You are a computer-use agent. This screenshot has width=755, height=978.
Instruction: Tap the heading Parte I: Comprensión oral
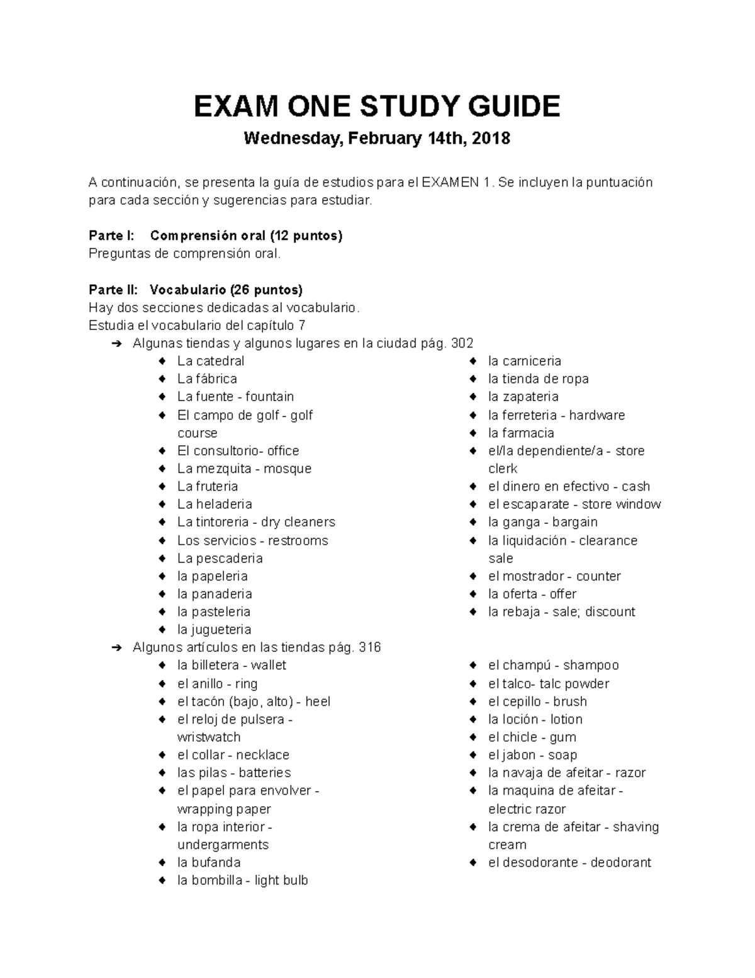pyautogui.click(x=215, y=236)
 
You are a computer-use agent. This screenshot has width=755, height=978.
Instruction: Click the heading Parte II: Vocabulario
pyautogui.click(x=195, y=290)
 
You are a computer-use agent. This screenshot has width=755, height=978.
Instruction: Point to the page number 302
pyautogui.click(x=462, y=343)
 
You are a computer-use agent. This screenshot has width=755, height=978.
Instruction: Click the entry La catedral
pyautogui.click(x=210, y=361)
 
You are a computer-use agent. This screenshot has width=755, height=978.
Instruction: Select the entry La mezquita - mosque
pyautogui.click(x=244, y=469)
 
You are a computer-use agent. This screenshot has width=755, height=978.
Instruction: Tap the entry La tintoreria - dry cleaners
pyautogui.click(x=256, y=522)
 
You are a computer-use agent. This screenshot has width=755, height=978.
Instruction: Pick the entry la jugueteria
pyautogui.click(x=214, y=629)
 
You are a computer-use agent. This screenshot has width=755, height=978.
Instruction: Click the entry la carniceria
pyautogui.click(x=524, y=361)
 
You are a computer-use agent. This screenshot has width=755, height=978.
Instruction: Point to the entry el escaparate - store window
pyautogui.click(x=574, y=504)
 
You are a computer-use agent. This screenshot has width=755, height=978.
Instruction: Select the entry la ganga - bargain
pyautogui.click(x=542, y=522)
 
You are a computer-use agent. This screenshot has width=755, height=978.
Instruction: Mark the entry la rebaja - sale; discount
pyautogui.click(x=561, y=611)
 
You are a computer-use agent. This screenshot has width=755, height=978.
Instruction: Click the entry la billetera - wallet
pyautogui.click(x=232, y=665)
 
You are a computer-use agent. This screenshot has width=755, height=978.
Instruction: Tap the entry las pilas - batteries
pyautogui.click(x=234, y=773)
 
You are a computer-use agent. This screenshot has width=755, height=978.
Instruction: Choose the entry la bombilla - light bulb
pyautogui.click(x=242, y=880)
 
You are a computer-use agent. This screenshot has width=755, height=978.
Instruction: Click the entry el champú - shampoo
pyautogui.click(x=553, y=665)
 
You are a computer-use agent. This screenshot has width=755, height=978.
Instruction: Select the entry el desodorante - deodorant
pyautogui.click(x=569, y=863)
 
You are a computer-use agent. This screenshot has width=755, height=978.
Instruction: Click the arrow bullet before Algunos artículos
pyautogui.click(x=116, y=647)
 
